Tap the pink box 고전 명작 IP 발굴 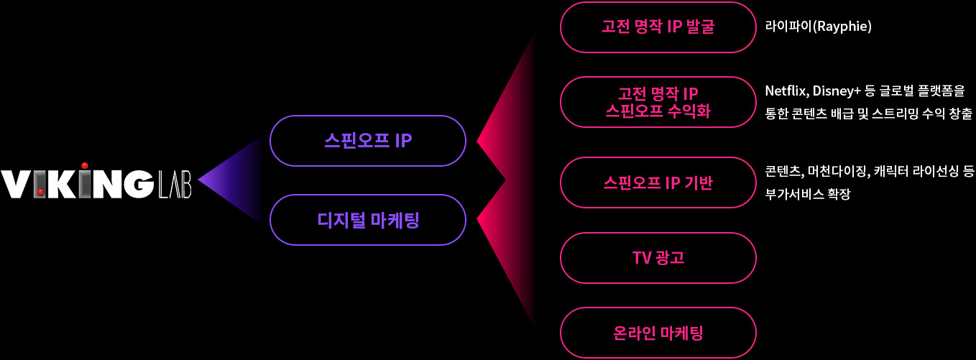tap(658, 27)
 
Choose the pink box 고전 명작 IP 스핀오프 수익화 tap(658, 102)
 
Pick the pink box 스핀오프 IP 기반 tap(658, 183)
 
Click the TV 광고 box tap(658, 257)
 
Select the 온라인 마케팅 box tap(658, 333)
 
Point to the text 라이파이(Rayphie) tap(818, 27)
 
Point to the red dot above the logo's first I tap(85, 165)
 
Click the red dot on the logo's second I tap(41, 191)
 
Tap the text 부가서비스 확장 tap(808, 194)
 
